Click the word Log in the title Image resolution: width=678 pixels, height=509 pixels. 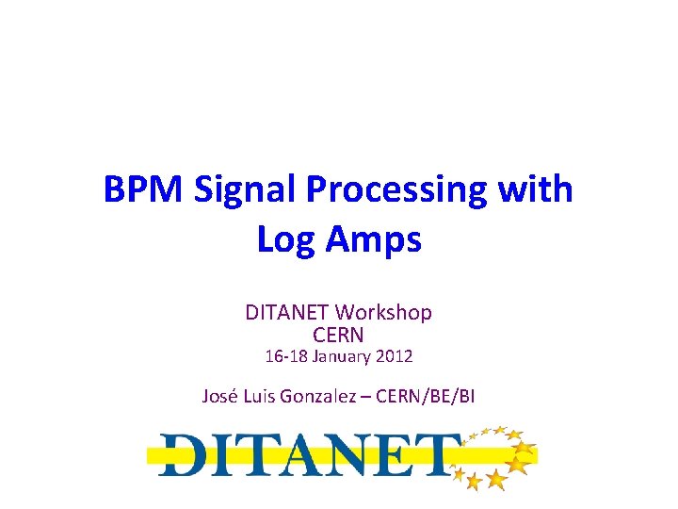[286, 241]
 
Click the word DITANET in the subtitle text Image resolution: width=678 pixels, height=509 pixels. [287, 312]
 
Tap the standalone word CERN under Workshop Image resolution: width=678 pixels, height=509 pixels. [338, 335]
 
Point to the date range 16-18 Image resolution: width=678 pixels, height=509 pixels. [286, 357]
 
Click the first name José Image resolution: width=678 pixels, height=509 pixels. [221, 396]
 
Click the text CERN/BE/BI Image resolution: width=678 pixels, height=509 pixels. [425, 396]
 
